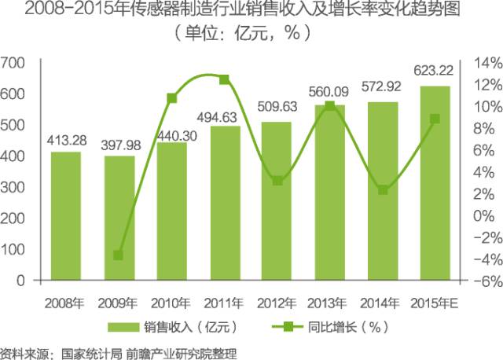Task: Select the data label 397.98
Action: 119,146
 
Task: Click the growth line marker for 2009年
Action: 119,255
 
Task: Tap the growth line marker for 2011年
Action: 224,79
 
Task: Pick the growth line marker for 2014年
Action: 382,189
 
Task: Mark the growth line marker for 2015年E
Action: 435,119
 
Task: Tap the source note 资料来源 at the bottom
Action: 118,351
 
